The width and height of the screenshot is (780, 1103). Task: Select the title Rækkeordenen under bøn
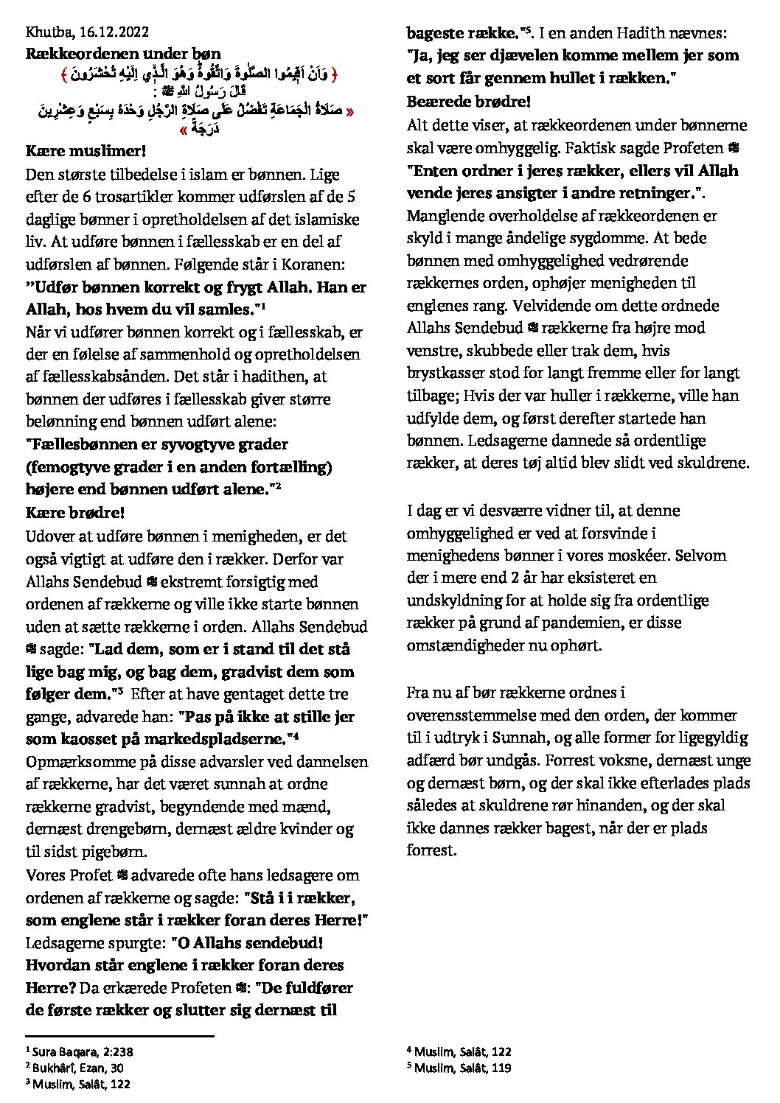(123, 53)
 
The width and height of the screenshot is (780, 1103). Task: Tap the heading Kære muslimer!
(86, 151)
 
